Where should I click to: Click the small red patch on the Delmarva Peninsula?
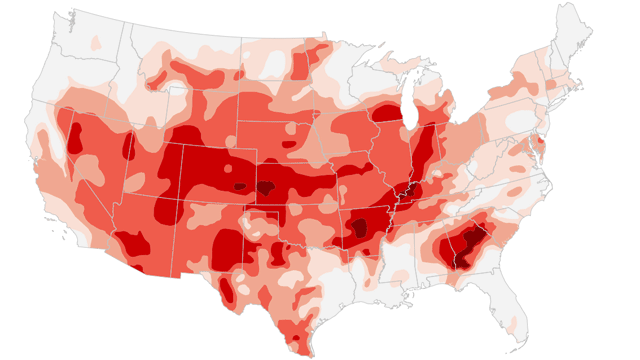[x=541, y=148]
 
